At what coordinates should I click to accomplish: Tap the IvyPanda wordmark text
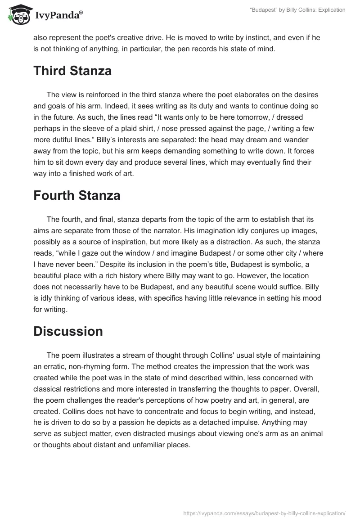[x=58, y=16]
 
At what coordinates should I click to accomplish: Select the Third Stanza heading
[x=72, y=71]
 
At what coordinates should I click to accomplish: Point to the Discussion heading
[x=68, y=331]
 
